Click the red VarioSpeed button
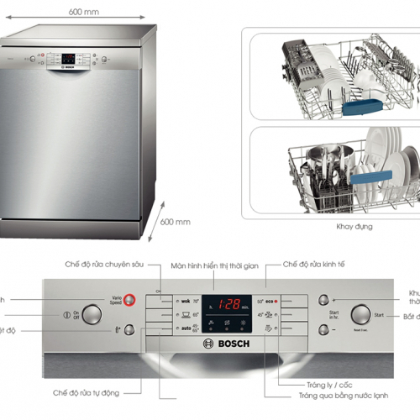[x=130, y=299]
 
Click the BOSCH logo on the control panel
[x=222, y=344]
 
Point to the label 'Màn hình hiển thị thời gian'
[x=214, y=265]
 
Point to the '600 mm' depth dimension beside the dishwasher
[x=175, y=222]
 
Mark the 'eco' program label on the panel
[x=270, y=300]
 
